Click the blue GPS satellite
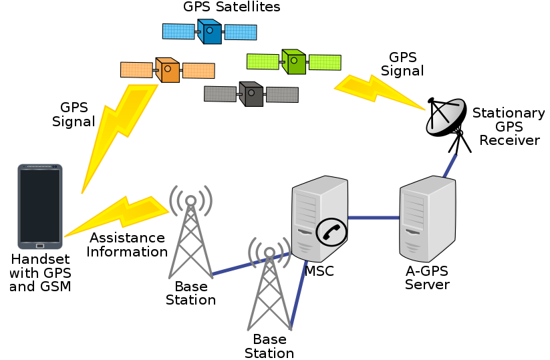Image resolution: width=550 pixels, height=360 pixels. tap(210, 31)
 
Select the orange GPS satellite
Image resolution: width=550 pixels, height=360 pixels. tap(168, 69)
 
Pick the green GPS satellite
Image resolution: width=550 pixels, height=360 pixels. tap(293, 62)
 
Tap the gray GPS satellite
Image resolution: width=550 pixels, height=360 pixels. tap(251, 94)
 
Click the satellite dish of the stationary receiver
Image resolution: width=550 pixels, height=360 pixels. tap(446, 117)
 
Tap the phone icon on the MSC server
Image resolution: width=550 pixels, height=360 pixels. tap(332, 231)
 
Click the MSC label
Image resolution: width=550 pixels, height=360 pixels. tap(319, 271)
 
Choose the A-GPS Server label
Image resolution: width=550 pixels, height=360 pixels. tap(428, 278)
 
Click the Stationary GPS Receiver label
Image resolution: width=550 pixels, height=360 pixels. tap(509, 127)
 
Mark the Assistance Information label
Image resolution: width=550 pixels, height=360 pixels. tap(127, 245)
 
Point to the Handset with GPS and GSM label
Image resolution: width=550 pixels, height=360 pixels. tap(40, 273)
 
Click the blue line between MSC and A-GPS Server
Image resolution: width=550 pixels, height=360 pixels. tap(374, 218)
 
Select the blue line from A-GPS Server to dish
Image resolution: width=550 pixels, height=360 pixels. tap(452, 164)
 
